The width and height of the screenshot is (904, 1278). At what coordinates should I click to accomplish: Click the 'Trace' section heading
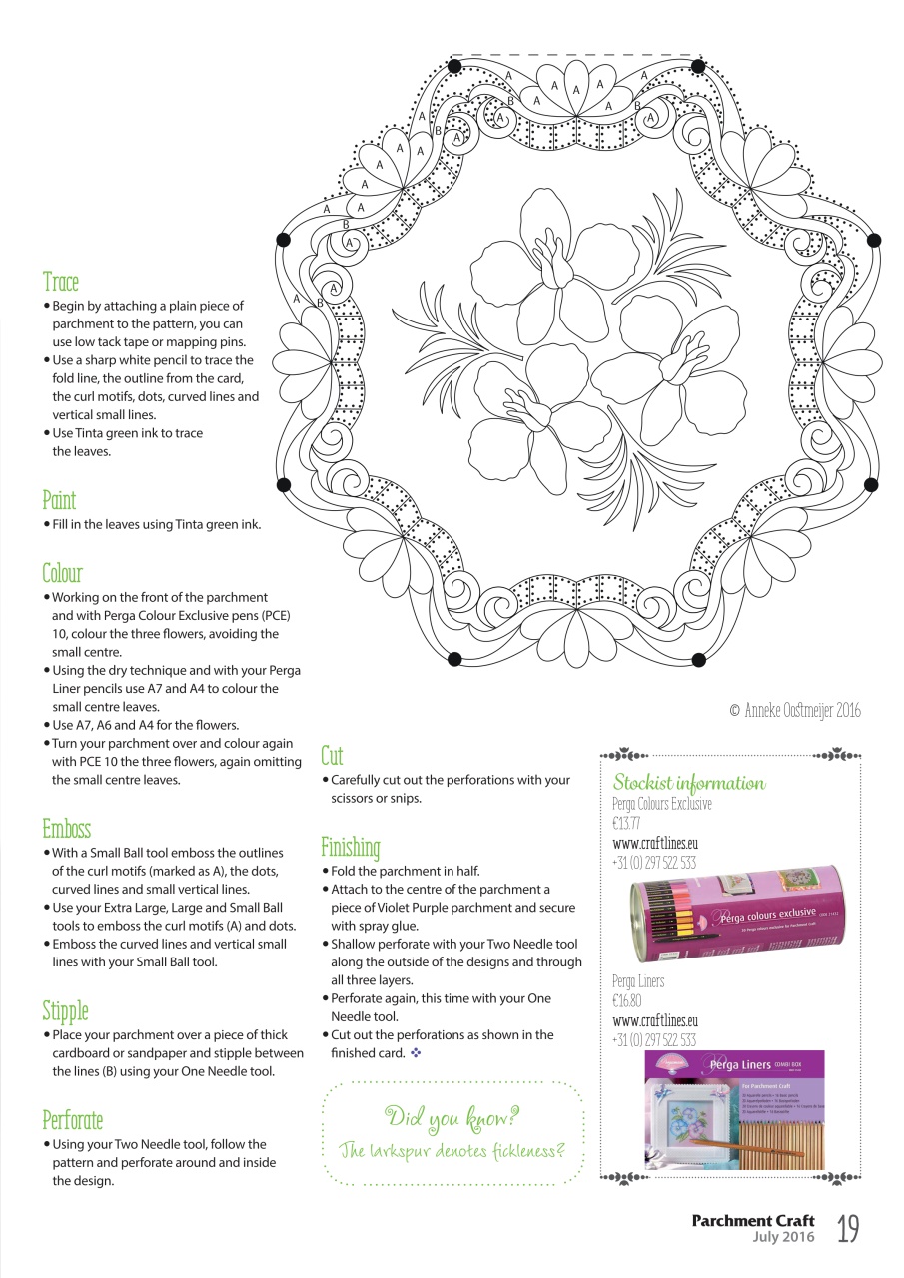(x=61, y=283)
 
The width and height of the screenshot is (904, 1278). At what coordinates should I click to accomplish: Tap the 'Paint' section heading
(x=59, y=500)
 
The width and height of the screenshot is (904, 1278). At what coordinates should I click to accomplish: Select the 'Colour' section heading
(x=62, y=573)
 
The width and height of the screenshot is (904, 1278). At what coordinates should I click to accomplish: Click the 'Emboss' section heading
(x=66, y=829)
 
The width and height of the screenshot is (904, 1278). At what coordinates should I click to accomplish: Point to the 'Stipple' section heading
(x=65, y=1011)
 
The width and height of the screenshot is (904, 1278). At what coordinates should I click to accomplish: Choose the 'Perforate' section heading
(x=72, y=1120)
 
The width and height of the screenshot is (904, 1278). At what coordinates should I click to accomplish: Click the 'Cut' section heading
(x=332, y=756)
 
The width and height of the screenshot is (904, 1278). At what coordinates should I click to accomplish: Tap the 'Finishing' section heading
(x=350, y=848)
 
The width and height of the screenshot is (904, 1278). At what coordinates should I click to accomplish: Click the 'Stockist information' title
(x=688, y=783)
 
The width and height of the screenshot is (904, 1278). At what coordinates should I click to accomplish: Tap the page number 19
(x=848, y=1228)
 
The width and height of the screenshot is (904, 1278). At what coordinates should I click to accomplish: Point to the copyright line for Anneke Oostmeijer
(x=794, y=711)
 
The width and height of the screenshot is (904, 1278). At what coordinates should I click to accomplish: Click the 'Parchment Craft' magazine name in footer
(x=753, y=1220)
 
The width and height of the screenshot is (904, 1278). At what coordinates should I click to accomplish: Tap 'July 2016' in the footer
(x=783, y=1237)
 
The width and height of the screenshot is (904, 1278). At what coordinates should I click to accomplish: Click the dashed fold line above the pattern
(x=576, y=56)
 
